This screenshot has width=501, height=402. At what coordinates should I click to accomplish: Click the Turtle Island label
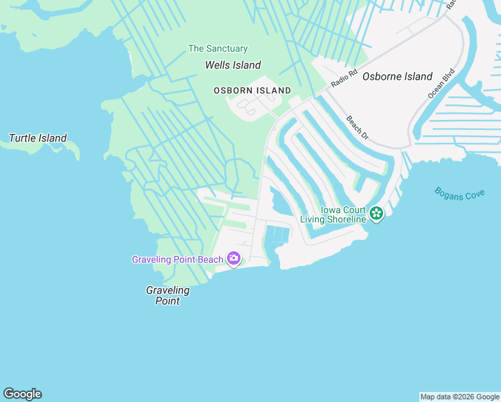click(38, 139)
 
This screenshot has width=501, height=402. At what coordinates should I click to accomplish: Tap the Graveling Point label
click(167, 295)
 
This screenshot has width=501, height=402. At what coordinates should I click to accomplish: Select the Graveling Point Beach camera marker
click(234, 258)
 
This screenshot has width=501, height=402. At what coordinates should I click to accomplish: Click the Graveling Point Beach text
click(177, 259)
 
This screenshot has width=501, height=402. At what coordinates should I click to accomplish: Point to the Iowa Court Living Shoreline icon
click(376, 214)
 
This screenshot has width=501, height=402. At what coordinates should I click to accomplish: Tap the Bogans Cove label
click(459, 194)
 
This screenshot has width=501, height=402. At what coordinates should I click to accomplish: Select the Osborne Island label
click(397, 76)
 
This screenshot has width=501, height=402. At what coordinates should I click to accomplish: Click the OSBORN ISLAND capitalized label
click(253, 90)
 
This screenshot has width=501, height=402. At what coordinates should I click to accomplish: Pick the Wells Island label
click(232, 65)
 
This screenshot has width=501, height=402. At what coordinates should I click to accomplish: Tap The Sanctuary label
click(218, 49)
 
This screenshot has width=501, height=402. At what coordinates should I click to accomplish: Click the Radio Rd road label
click(344, 78)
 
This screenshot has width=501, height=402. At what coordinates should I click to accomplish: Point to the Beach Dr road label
click(358, 127)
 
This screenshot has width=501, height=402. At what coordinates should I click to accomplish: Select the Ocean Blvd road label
click(441, 84)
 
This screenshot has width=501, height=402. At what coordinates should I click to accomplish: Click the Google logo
click(22, 394)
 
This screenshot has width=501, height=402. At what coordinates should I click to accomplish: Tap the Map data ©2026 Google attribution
click(459, 397)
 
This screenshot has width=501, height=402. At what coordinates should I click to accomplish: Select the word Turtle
click(23, 139)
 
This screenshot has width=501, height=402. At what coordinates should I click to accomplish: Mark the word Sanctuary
click(226, 49)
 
